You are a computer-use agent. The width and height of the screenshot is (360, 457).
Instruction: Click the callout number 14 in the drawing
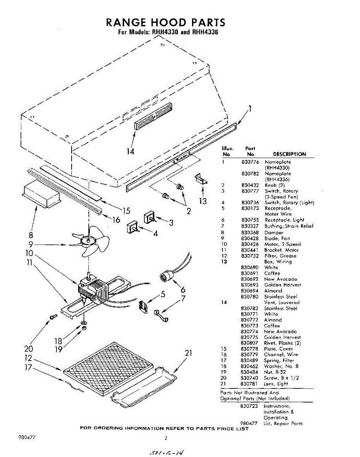click(131, 151)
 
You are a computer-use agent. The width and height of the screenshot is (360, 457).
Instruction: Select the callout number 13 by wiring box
click(203, 200)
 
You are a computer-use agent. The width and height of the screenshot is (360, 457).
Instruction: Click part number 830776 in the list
click(250, 162)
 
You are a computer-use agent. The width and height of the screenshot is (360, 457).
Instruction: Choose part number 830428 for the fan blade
click(250, 238)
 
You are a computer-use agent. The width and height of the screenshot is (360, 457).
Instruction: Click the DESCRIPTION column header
click(290, 154)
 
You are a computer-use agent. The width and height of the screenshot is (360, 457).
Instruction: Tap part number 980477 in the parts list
click(250, 423)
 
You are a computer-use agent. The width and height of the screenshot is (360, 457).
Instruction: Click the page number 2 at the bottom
click(166, 438)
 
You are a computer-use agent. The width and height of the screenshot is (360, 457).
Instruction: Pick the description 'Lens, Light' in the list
click(276, 383)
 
